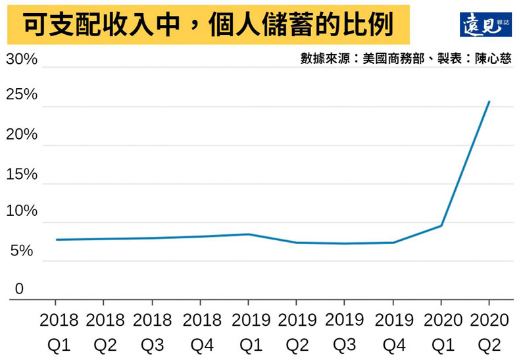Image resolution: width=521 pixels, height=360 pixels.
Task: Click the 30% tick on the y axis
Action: (22, 60)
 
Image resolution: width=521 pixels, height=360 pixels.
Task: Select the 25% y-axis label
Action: (22, 95)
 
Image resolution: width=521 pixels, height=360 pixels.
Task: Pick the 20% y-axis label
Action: (22, 135)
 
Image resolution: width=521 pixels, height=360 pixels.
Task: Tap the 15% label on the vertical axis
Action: (22, 174)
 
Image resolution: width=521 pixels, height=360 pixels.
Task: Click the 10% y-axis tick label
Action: (22, 211)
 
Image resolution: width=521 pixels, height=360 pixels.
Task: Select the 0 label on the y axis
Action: (19, 288)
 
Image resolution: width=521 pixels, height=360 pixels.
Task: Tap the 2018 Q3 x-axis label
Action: (152, 332)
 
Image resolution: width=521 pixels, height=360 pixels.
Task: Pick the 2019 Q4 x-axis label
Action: (393, 332)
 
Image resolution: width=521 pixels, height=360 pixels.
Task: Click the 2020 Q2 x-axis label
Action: (489, 332)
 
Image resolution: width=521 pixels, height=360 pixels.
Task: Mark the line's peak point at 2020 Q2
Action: (489, 101)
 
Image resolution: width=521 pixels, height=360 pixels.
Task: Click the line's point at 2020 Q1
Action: (441, 226)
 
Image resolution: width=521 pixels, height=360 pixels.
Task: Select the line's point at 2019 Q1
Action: (248, 234)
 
